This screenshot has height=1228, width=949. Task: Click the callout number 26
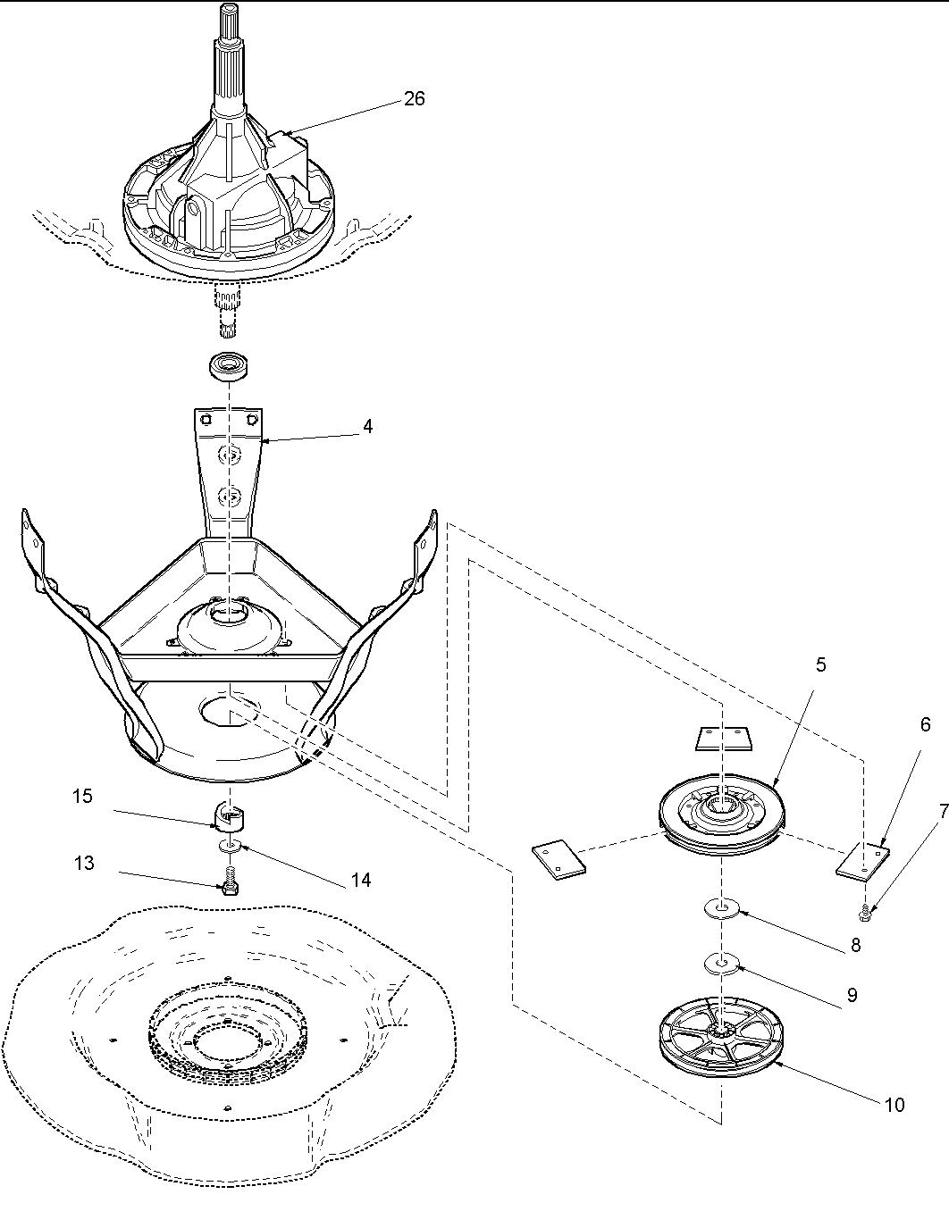pyautogui.click(x=415, y=98)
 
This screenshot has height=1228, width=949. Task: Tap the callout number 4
pyautogui.click(x=367, y=427)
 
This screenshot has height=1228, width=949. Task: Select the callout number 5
pyautogui.click(x=820, y=664)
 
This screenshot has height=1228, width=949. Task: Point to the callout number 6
pyautogui.click(x=925, y=725)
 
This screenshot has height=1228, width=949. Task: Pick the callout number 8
pyautogui.click(x=855, y=946)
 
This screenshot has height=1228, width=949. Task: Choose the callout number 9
pyautogui.click(x=852, y=995)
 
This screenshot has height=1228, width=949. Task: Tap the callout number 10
pyautogui.click(x=894, y=1105)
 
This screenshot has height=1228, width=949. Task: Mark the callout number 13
pyautogui.click(x=84, y=864)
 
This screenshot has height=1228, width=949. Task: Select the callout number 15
pyautogui.click(x=82, y=796)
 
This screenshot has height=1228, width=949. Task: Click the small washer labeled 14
pyautogui.click(x=230, y=844)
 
